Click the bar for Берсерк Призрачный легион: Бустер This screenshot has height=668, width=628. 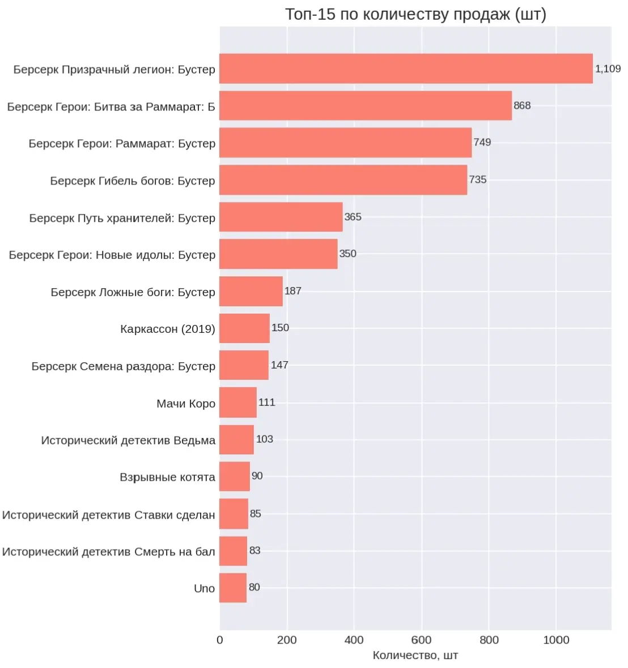406,68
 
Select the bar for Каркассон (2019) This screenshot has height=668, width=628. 244,328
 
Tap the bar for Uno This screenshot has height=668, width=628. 233,588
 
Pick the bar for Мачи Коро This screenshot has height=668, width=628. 238,402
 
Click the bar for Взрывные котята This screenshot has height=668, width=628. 235,476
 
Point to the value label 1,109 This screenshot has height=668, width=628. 608,68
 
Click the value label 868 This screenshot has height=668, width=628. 522,105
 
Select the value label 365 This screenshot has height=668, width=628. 353,217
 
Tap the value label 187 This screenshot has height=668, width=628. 293,291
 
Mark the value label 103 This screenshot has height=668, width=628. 265,439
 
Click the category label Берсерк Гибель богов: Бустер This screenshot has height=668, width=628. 133,181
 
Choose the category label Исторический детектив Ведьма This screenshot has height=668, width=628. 129,440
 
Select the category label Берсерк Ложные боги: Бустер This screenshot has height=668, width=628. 133,292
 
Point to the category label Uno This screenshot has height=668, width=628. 205,588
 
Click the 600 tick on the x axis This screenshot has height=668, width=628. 422,640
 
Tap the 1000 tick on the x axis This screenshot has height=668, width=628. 557,640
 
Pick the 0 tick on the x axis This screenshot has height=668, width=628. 220,640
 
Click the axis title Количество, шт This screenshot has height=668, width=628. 415,655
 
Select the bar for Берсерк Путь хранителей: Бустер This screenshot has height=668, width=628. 281,217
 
